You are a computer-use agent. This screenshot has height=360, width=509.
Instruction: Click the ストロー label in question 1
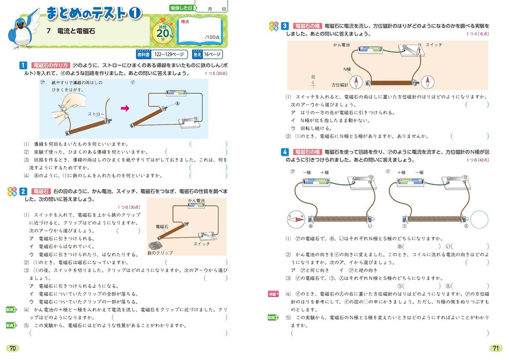pos(96,113)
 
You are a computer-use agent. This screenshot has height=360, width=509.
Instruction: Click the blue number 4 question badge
pos(284,152)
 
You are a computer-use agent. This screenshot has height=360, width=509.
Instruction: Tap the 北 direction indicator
pos(313,78)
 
